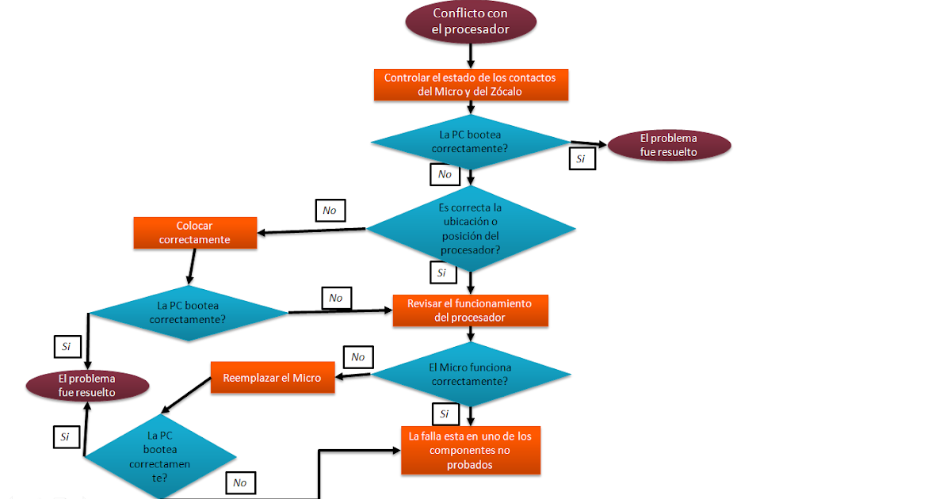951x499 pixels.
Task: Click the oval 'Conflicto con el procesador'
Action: click(x=471, y=22)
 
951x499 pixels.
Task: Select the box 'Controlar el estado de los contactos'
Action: click(x=471, y=85)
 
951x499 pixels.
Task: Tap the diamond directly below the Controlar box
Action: click(x=471, y=141)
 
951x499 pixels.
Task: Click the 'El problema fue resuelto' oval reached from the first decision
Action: click(x=669, y=145)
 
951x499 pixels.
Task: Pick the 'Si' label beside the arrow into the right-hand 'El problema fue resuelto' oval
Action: click(x=581, y=158)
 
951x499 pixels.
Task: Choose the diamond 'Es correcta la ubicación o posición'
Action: click(x=471, y=228)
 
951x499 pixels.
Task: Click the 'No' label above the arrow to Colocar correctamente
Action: click(x=330, y=211)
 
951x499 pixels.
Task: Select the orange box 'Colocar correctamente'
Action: click(x=195, y=233)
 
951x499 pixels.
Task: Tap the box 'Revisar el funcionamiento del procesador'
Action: click(x=470, y=310)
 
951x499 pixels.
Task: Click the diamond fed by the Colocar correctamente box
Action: click(x=188, y=313)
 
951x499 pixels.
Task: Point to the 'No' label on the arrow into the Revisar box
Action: click(x=336, y=298)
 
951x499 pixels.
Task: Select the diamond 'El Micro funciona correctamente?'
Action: click(x=471, y=374)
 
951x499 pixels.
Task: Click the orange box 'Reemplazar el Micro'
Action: click(x=272, y=378)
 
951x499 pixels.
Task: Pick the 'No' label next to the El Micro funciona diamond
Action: click(x=357, y=357)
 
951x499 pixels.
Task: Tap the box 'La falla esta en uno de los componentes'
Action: click(x=470, y=450)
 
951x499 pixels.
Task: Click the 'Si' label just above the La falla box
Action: click(x=445, y=413)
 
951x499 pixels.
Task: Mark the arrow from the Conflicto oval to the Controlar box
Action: click(x=471, y=55)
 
